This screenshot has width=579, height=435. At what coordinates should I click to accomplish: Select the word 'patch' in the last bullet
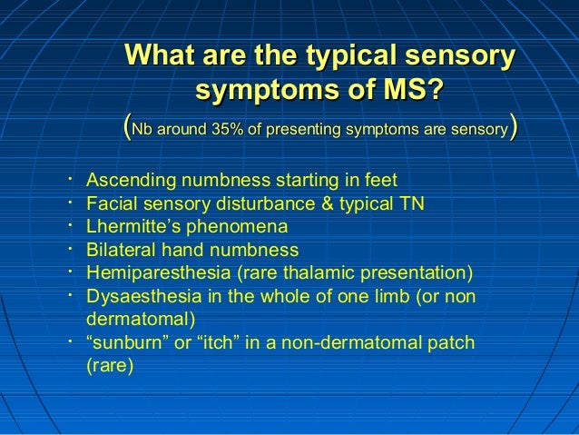coord(450,343)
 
